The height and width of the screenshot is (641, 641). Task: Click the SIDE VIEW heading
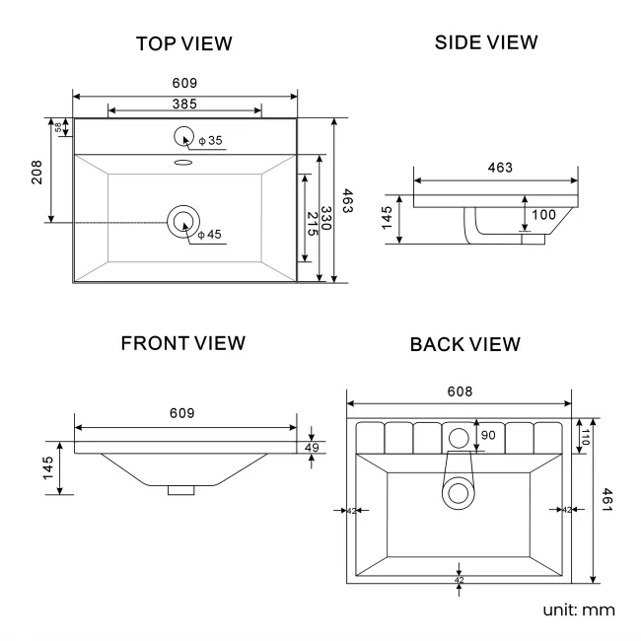click(486, 42)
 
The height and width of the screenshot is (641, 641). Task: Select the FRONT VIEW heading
click(182, 343)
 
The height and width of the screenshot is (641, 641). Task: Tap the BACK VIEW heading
click(464, 345)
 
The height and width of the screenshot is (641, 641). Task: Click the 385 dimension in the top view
click(185, 104)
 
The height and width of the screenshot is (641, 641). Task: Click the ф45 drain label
click(210, 235)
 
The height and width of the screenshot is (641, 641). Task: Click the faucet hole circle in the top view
click(184, 137)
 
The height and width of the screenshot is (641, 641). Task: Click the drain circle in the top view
click(183, 222)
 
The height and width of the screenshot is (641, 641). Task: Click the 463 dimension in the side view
click(500, 168)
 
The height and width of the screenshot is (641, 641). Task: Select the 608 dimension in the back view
click(459, 392)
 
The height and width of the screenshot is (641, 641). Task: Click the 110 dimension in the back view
click(583, 437)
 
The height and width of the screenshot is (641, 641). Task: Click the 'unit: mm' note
click(579, 609)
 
